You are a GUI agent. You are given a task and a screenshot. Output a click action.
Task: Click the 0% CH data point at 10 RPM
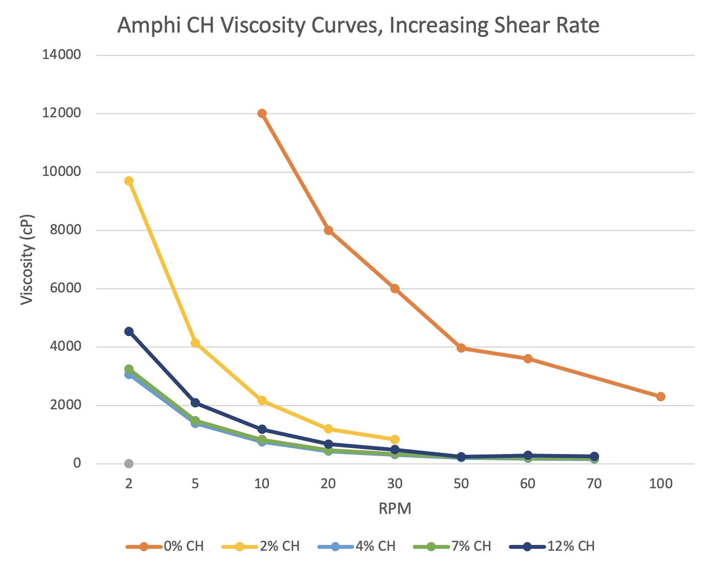pyautogui.click(x=262, y=113)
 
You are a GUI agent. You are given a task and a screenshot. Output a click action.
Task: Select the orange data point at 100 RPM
pyautogui.click(x=661, y=397)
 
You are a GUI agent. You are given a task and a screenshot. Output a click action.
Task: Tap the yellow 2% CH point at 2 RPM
pyautogui.click(x=129, y=181)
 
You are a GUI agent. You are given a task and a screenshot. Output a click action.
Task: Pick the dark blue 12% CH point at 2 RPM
pyautogui.click(x=129, y=331)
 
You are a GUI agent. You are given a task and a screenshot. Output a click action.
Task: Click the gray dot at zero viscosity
pyautogui.click(x=129, y=464)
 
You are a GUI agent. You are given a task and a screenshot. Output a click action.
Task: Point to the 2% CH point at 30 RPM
pyautogui.click(x=395, y=439)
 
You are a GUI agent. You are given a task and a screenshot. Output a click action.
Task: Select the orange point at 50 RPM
pyautogui.click(x=461, y=348)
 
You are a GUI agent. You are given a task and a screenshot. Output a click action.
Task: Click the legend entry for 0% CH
pyautogui.click(x=165, y=546)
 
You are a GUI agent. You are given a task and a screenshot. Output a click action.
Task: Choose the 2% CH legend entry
pyautogui.click(x=261, y=546)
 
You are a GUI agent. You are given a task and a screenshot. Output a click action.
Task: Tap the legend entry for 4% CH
pyautogui.click(x=357, y=546)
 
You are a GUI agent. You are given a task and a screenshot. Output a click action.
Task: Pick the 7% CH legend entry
pyautogui.click(x=452, y=546)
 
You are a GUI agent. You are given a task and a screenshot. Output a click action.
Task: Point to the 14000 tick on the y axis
pyautogui.click(x=62, y=55)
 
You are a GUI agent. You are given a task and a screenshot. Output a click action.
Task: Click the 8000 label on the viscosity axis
pyautogui.click(x=65, y=230)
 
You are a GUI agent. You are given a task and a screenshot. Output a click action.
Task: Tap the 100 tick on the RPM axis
pyautogui.click(x=661, y=484)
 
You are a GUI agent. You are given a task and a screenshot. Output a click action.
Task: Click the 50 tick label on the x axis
pyautogui.click(x=461, y=484)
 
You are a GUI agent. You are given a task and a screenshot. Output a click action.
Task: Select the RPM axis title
pyautogui.click(x=395, y=508)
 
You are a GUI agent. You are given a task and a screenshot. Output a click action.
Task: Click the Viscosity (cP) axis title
pyautogui.click(x=27, y=260)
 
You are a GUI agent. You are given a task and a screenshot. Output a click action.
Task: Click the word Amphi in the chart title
pyautogui.click(x=149, y=26)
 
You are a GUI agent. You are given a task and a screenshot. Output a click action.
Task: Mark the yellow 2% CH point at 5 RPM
pyautogui.click(x=195, y=343)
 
